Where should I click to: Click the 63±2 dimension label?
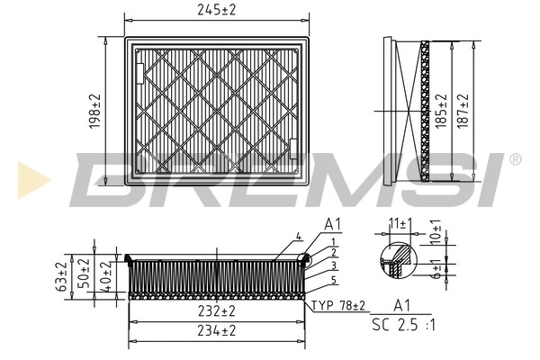pyautogui.click(x=61, y=278)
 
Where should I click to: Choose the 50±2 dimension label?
pyautogui.click(x=85, y=274)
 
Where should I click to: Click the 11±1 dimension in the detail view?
pyautogui.click(x=399, y=222)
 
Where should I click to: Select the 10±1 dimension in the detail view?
pyautogui.click(x=435, y=232)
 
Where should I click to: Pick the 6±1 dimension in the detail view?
pyautogui.click(x=435, y=269)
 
